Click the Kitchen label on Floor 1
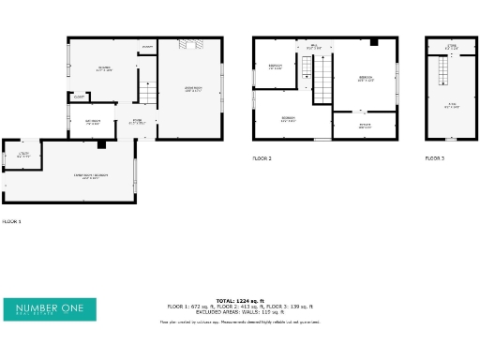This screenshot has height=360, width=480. [x=104, y=68]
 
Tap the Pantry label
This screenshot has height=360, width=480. [x=147, y=47]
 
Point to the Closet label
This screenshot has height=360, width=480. [x=79, y=96]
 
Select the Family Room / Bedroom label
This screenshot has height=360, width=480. [x=91, y=175]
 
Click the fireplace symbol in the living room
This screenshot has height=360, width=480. [x=190, y=44]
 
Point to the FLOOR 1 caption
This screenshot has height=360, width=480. [x=11, y=221]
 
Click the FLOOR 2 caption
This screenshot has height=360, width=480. [x=262, y=158]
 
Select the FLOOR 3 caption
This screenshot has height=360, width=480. [x=435, y=158]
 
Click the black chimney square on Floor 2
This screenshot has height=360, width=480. [x=373, y=42]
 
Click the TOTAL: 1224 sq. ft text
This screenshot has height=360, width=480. [x=240, y=301]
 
